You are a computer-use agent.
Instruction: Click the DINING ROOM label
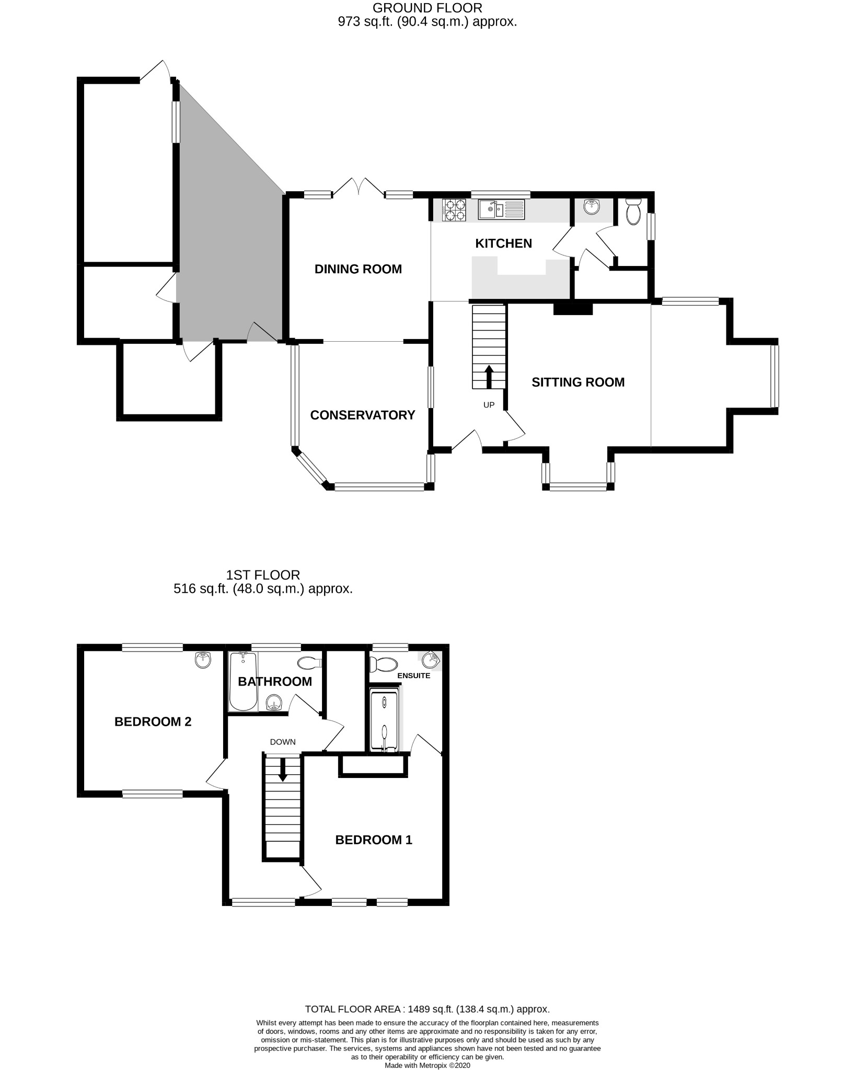(x=358, y=269)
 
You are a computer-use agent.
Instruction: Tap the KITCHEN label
(x=503, y=243)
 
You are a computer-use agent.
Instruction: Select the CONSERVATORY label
(x=362, y=415)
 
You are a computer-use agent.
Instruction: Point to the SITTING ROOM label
(x=578, y=382)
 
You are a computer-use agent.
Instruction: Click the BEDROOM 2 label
(x=153, y=722)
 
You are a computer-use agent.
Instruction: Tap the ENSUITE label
(x=413, y=676)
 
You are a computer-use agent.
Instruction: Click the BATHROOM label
(x=275, y=681)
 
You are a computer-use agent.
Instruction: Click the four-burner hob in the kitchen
(x=454, y=211)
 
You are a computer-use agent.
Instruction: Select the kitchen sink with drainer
(x=501, y=210)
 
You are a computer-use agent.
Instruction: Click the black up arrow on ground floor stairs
(x=489, y=376)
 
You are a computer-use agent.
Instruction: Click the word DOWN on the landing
(x=283, y=742)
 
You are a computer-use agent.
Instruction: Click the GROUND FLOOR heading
(x=427, y=8)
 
